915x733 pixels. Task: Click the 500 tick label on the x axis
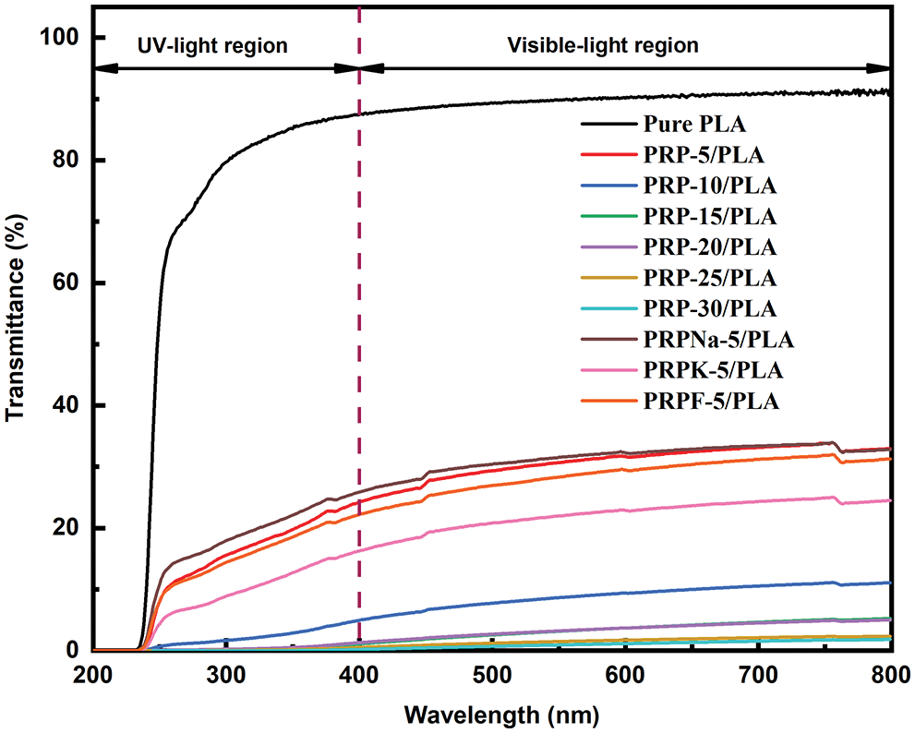492,673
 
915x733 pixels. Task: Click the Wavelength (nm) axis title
491,714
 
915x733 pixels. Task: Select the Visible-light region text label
617,45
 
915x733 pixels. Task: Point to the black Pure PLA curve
554,97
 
